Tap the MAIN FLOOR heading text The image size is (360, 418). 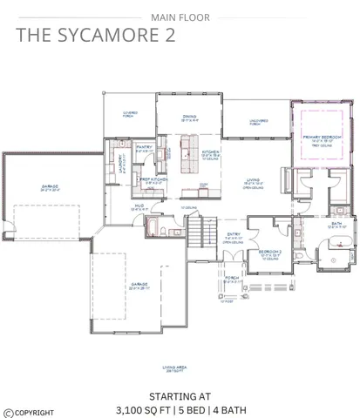180,17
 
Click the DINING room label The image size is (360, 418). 190,117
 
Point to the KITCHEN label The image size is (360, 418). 212,152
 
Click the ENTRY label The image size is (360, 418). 234,234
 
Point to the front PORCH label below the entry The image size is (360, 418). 231,280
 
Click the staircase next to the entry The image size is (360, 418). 200,232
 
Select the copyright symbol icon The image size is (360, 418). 8,413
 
